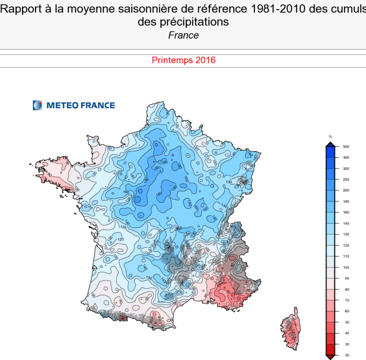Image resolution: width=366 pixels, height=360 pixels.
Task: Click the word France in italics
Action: click(183, 35)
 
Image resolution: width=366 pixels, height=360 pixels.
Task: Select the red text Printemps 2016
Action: click(183, 60)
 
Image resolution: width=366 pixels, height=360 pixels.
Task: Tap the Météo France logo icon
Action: click(38, 105)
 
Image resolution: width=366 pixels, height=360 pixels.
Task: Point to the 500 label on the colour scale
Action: click(345, 146)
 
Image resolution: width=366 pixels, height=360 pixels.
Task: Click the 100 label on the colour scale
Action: click(345, 267)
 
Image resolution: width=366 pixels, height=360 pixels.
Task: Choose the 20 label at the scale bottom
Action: click(345, 355)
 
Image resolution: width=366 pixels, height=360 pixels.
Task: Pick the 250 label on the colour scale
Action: click(345, 179)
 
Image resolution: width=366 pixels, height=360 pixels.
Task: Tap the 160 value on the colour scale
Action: click(345, 212)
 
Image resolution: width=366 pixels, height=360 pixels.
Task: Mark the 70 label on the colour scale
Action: click(345, 300)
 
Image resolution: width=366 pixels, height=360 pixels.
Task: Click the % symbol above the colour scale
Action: click(330, 136)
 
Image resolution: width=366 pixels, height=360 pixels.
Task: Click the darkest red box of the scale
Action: click(330, 349)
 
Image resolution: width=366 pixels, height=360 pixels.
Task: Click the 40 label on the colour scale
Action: click(345, 333)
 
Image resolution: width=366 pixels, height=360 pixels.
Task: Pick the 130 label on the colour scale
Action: click(345, 234)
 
